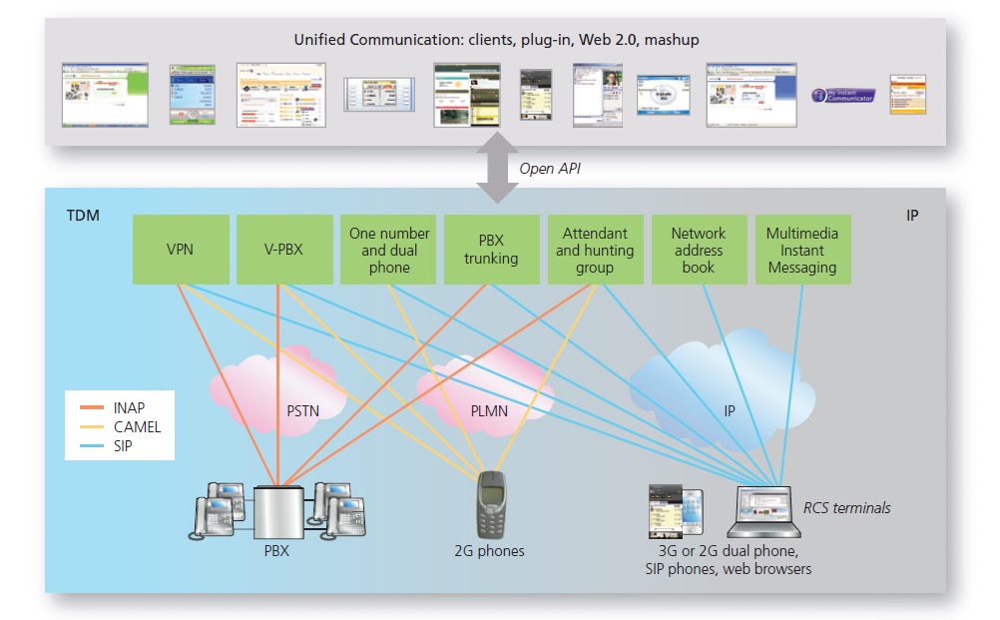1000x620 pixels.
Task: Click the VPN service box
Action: pyautogui.click(x=180, y=250)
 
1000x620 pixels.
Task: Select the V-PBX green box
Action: pyautogui.click(x=283, y=250)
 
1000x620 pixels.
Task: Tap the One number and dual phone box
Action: pyautogui.click(x=388, y=250)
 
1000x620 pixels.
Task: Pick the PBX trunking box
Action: pyautogui.click(x=491, y=250)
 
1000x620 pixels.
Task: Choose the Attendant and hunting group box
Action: pyautogui.click(x=595, y=250)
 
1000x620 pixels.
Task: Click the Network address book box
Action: pyautogui.click(x=699, y=250)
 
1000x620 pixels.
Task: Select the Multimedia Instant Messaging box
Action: pyautogui.click(x=802, y=250)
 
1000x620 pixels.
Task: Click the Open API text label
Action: pyautogui.click(x=550, y=168)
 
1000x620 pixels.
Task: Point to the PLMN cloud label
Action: pyautogui.click(x=489, y=408)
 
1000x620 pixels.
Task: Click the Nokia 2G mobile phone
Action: pyautogui.click(x=489, y=503)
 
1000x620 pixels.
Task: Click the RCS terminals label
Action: pyautogui.click(x=847, y=508)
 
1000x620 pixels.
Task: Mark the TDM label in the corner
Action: pyautogui.click(x=83, y=215)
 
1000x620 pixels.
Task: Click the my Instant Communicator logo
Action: pyautogui.click(x=843, y=96)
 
